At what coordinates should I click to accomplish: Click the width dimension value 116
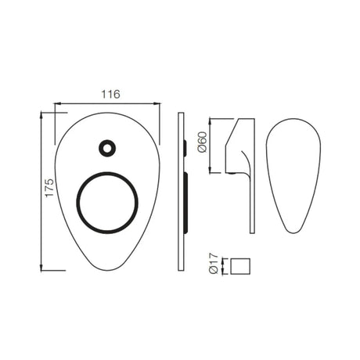110,94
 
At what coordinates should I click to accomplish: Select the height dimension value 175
48,192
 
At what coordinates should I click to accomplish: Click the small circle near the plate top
106,146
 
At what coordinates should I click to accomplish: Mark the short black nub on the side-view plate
184,146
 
